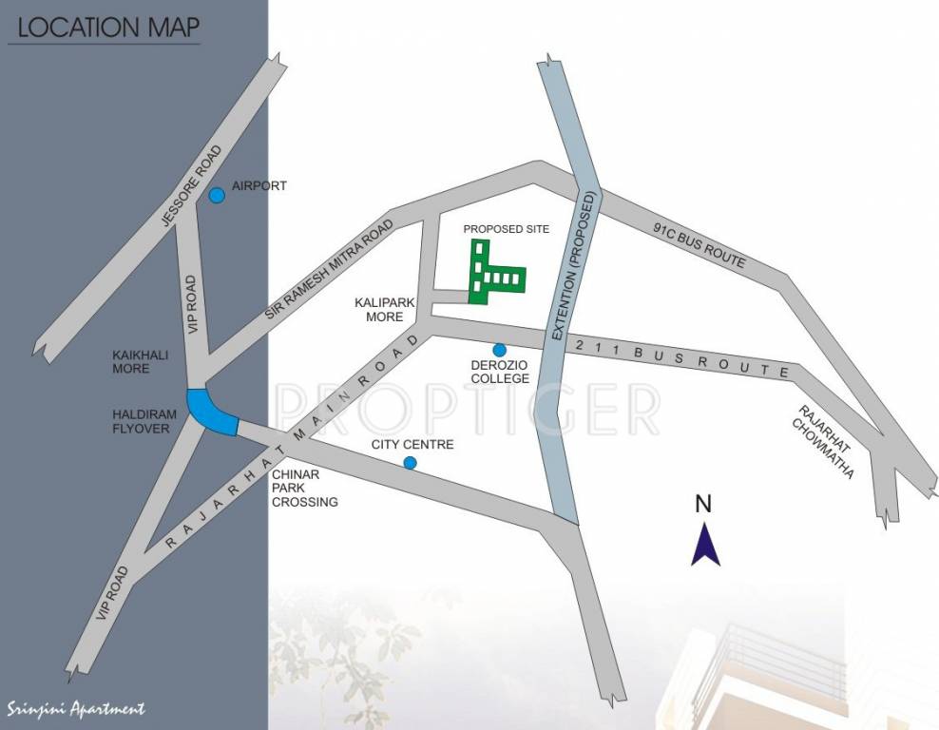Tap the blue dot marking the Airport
tap(217, 196)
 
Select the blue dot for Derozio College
tap(499, 350)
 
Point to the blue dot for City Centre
tap(410, 463)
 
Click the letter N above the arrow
tap(703, 504)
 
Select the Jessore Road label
tap(192, 186)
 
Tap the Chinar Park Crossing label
tap(304, 488)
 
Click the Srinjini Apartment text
tap(76, 708)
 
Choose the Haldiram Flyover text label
tap(140, 422)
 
